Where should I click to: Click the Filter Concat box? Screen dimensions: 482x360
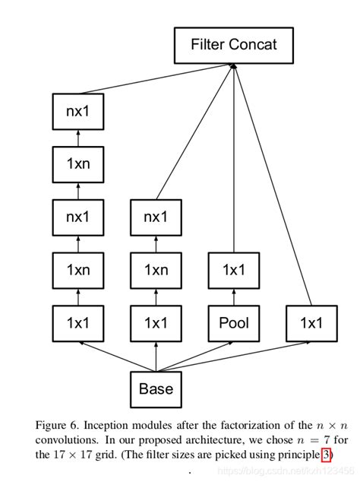[234, 45]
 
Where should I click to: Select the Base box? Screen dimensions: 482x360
[156, 389]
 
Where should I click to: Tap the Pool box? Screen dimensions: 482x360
[234, 322]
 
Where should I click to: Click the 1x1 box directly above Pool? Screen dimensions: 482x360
[234, 269]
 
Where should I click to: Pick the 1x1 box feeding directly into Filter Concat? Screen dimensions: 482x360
[311, 322]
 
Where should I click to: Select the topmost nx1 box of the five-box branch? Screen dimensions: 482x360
[78, 111]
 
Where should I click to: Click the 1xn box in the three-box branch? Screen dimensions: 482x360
[156, 269]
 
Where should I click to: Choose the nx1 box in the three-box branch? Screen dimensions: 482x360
[156, 217]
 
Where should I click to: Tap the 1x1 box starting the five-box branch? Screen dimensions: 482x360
[78, 322]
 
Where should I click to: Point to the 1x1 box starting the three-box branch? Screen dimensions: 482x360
[156, 322]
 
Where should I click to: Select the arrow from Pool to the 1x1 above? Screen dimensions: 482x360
[234, 296]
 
